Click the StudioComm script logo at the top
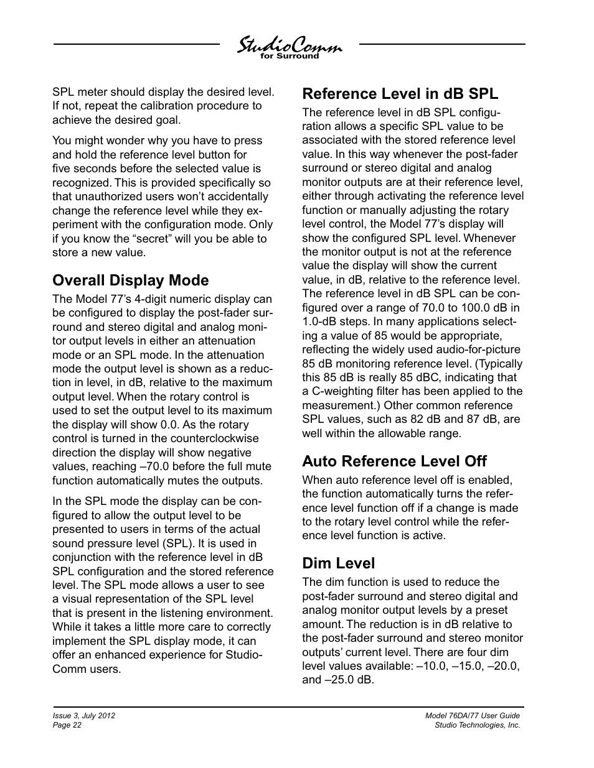(289, 45)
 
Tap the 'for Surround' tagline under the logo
(289, 57)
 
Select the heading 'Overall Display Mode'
(130, 280)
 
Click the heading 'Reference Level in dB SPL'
(400, 94)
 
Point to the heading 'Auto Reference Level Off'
(394, 461)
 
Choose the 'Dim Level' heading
(338, 563)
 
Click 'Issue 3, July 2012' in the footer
(83, 716)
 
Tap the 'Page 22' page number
(67, 725)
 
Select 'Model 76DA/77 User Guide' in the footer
(473, 716)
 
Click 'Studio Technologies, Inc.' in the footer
(477, 725)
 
